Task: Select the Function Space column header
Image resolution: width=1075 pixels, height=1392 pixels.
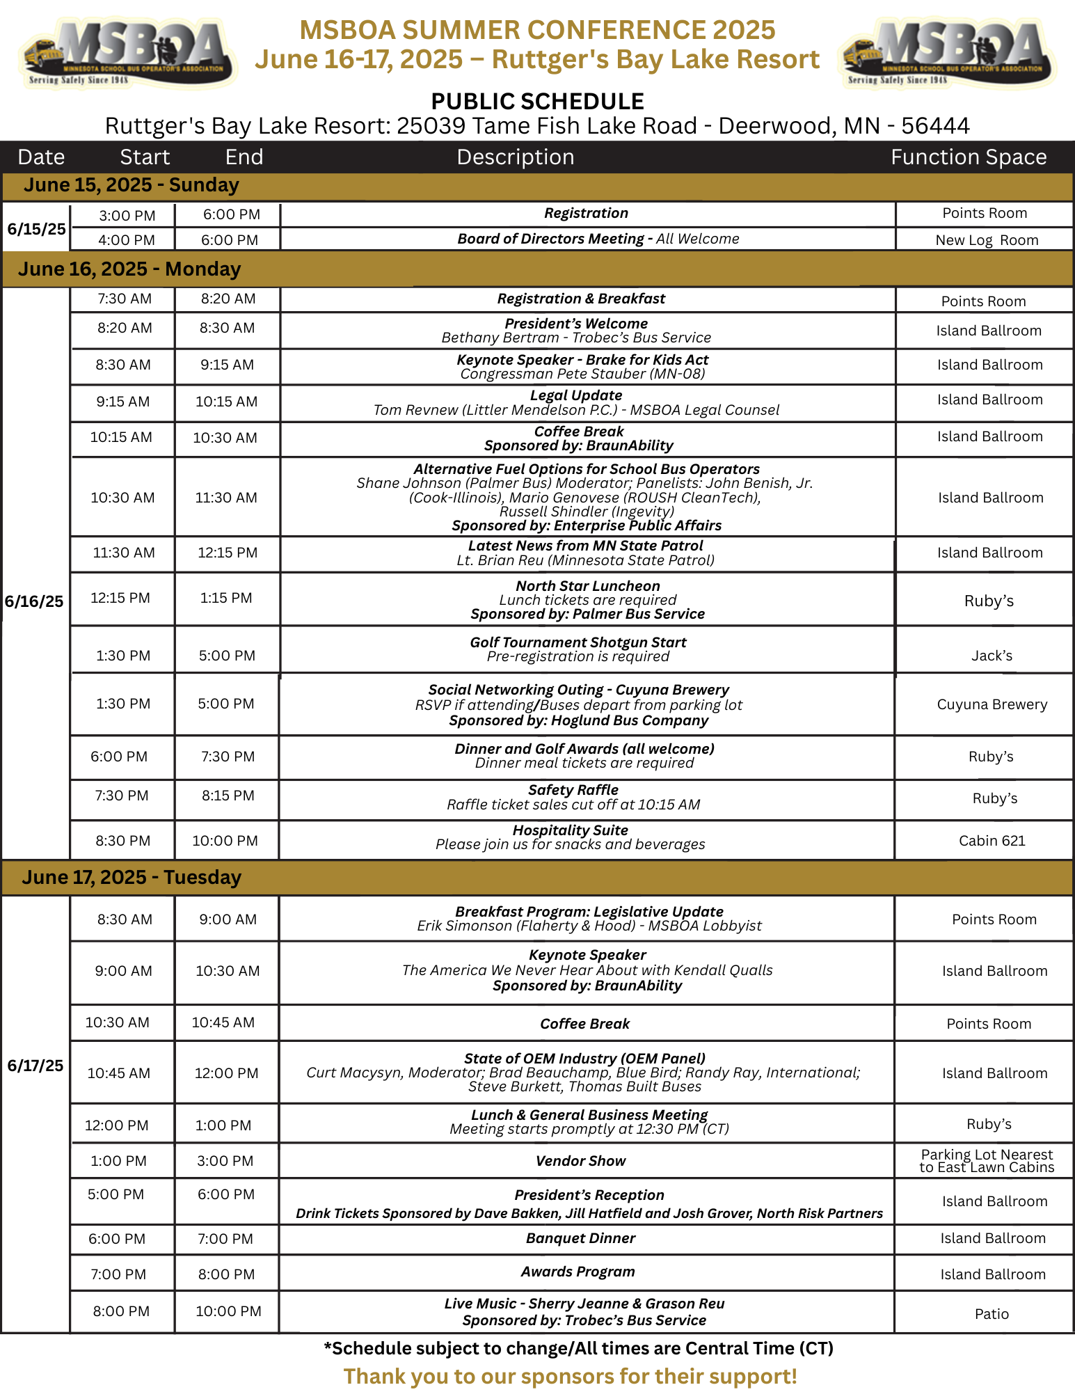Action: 969,157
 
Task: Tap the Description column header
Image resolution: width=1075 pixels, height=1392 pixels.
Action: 516,157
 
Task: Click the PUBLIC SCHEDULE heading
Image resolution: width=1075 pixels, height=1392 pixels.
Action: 537,102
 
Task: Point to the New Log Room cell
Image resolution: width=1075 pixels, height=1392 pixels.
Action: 987,240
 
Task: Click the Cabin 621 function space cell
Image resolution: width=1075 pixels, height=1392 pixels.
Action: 992,841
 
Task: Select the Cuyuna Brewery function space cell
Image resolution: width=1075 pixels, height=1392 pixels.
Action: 992,704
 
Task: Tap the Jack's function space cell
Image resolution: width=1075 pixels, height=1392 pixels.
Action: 992,656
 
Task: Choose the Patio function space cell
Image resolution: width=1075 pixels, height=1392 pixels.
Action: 992,1314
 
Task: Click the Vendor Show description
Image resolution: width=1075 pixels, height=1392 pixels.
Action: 581,1161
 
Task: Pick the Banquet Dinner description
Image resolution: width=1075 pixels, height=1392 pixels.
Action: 581,1238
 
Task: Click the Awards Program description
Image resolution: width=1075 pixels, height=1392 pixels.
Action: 578,1272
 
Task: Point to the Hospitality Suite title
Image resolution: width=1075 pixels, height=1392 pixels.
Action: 571,830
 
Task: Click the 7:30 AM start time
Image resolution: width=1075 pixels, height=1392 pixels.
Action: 125,299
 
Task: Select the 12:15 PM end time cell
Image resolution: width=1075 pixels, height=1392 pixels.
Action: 228,553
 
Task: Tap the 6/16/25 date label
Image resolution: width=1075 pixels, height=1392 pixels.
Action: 34,601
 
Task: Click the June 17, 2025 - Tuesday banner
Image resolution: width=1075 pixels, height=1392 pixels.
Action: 132,878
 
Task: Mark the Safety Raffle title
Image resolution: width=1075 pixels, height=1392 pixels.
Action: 573,790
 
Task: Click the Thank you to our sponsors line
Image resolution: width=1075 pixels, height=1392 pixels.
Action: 571,1377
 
